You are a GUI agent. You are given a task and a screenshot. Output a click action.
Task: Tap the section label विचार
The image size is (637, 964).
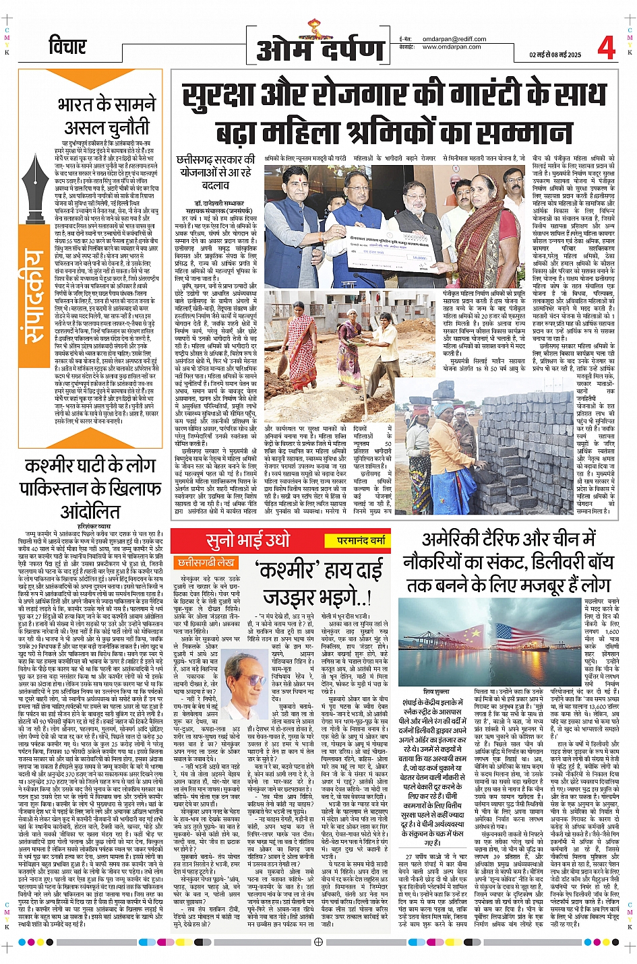pos(67,46)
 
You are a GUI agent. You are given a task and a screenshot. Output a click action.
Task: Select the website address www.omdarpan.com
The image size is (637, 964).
pos(451,47)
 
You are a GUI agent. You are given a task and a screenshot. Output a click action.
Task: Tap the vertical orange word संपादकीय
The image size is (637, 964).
pos(31,297)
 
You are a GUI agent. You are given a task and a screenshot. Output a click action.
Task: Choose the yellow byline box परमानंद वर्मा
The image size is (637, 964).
pos(361,540)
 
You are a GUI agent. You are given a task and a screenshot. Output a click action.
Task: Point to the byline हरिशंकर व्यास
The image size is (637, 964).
pos(88,525)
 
